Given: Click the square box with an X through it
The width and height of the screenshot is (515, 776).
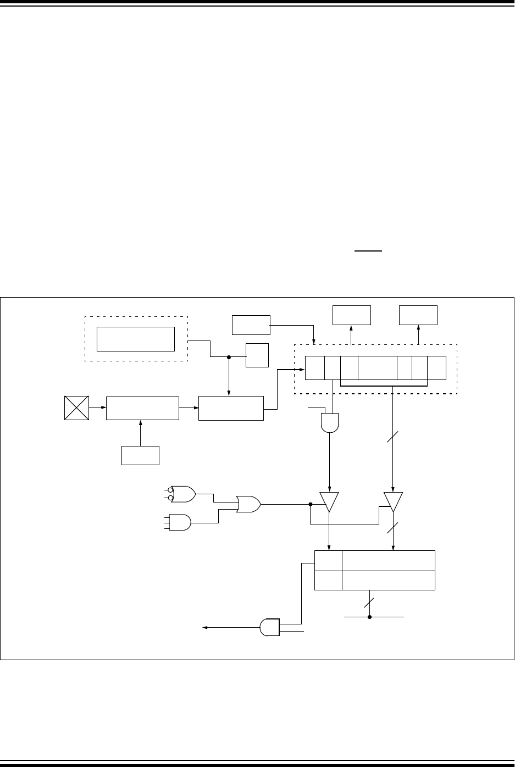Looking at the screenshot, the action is tap(76, 408).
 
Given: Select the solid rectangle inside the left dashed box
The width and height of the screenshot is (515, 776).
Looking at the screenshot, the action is tap(135, 338).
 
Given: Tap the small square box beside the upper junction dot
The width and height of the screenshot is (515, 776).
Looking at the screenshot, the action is tap(257, 355).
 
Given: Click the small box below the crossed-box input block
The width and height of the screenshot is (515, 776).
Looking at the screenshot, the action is tap(140, 456).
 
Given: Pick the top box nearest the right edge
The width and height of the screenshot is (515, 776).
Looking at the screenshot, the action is tap(418, 315).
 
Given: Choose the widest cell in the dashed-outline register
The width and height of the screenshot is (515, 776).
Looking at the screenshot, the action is tap(377, 367).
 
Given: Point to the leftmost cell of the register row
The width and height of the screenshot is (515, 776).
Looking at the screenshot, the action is tap(314, 367).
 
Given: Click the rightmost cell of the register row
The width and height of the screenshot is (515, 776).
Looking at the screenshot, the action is tap(437, 367).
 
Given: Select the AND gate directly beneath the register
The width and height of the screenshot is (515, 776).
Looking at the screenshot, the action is tap(329, 421).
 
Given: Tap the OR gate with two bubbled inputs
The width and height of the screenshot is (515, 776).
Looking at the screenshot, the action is tap(182, 494).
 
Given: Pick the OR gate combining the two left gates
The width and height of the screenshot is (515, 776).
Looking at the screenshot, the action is tap(248, 503).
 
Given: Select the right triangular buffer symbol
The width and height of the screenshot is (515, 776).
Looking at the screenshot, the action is tap(393, 500).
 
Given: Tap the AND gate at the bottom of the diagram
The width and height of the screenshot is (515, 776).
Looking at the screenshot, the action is tap(269, 627).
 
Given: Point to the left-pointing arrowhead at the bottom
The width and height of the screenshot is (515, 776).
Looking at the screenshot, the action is tap(205, 628).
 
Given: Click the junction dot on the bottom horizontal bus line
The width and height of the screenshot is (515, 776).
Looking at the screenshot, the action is tap(370, 617).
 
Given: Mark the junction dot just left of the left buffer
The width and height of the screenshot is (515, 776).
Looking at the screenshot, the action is tap(311, 504).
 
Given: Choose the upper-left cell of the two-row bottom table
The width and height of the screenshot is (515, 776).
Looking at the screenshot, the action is tap(328, 560).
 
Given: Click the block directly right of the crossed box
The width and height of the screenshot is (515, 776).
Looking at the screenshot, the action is tap(142, 408).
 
